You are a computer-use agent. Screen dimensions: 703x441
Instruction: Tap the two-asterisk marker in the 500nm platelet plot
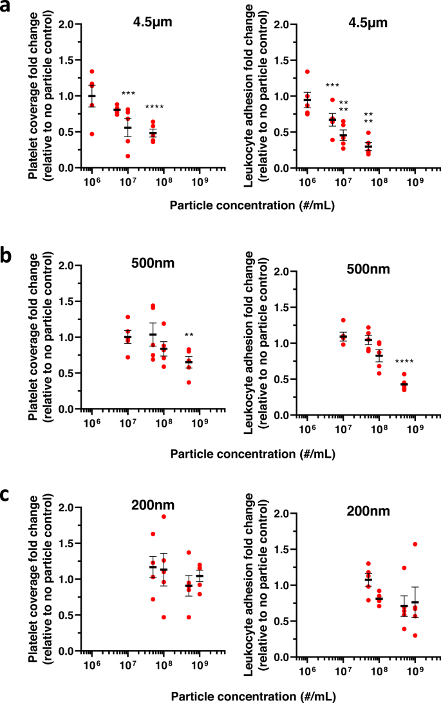click(189, 335)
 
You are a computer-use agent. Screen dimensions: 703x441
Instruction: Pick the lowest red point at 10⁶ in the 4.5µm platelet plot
click(91, 134)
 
